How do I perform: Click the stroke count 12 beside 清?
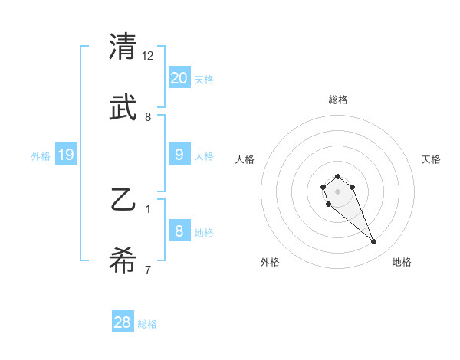[149, 56]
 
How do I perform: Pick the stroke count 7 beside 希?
[148, 270]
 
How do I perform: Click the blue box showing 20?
[179, 77]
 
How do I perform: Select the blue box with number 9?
[179, 155]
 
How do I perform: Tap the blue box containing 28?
[123, 322]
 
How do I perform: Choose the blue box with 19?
[66, 155]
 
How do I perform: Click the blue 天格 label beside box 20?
[203, 80]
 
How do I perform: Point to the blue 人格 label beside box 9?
[203, 156]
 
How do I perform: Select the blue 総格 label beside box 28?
[147, 324]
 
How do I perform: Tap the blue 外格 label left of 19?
[41, 156]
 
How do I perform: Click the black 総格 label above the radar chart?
[338, 100]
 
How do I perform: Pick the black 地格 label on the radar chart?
[402, 262]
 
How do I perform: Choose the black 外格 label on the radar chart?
[270, 262]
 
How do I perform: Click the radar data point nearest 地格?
[374, 242]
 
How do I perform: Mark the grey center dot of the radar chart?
[337, 191]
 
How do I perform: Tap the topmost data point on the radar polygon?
[337, 176]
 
